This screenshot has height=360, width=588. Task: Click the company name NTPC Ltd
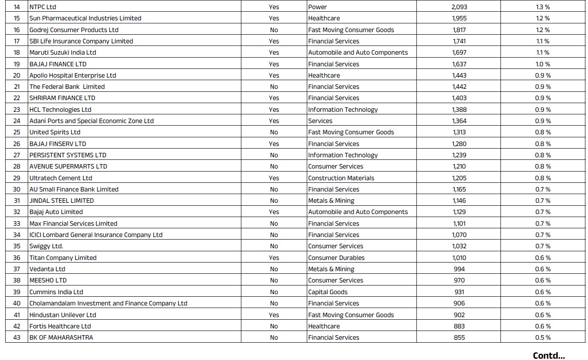[x=42, y=7]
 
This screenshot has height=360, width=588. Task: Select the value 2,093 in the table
[x=459, y=7]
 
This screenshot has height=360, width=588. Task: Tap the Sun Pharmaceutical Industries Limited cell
[x=85, y=18]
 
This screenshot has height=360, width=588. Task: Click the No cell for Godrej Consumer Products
[x=274, y=30]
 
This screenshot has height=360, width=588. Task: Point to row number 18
[x=17, y=52]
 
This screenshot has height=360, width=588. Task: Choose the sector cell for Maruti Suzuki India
[x=358, y=52]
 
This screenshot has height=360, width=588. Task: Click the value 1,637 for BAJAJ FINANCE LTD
[x=459, y=64]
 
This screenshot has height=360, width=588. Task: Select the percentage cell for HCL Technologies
[x=543, y=110]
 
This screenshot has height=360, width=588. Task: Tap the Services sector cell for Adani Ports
[x=320, y=121]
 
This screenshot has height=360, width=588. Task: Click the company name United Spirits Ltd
[x=55, y=132]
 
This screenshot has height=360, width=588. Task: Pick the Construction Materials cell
[x=341, y=178]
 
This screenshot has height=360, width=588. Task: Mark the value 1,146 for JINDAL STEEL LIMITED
[x=459, y=201]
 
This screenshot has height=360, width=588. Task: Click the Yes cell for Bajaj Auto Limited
[x=274, y=212]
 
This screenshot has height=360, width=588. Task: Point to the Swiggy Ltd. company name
[x=46, y=246]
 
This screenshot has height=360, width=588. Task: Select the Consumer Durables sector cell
[x=336, y=258]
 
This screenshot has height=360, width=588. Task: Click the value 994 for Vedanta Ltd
[x=459, y=269]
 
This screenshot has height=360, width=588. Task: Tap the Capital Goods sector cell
[x=328, y=292]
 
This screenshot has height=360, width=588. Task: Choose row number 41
[x=17, y=315]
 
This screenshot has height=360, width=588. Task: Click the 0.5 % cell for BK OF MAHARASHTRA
[x=543, y=337]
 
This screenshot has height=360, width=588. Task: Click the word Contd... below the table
[x=549, y=356]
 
